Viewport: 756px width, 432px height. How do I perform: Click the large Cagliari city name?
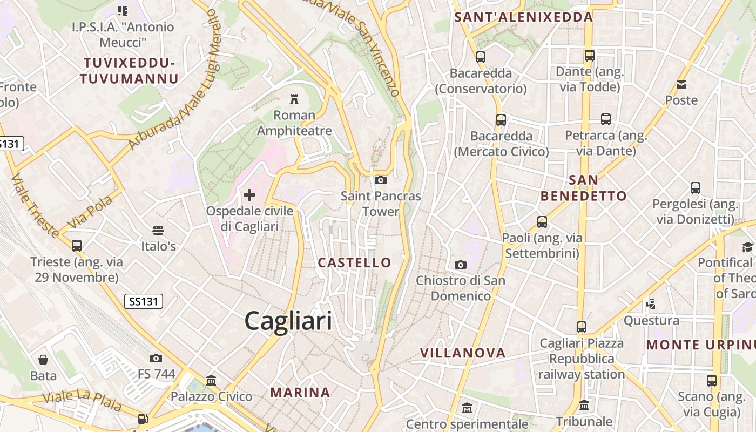coord(288,321)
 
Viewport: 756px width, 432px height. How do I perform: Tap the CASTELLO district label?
coord(354,263)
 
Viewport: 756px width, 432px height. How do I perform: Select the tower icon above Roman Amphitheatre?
coord(294,99)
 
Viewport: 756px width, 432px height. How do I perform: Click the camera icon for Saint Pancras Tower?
coord(380,180)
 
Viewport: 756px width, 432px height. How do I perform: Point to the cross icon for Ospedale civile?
coord(249,194)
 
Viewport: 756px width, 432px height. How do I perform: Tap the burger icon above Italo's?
coord(158,231)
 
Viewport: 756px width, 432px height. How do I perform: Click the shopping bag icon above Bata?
coord(43,360)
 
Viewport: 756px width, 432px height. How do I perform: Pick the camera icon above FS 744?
coord(156,358)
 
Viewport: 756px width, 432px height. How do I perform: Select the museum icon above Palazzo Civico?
coord(211,381)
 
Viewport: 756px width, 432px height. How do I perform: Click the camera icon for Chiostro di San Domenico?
coord(460,265)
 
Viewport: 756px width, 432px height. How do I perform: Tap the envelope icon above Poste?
coord(681,84)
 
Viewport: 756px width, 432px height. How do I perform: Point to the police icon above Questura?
coord(651,304)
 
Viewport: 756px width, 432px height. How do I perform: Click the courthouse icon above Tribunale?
coord(584,406)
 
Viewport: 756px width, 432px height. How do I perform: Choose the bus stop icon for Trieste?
coord(77,246)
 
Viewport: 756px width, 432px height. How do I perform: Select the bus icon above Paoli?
coord(542,222)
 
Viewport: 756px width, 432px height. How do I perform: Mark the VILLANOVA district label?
coord(463,353)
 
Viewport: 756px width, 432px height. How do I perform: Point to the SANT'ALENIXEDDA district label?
coord(523,17)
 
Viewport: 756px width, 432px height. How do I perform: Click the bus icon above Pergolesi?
coord(696,188)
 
